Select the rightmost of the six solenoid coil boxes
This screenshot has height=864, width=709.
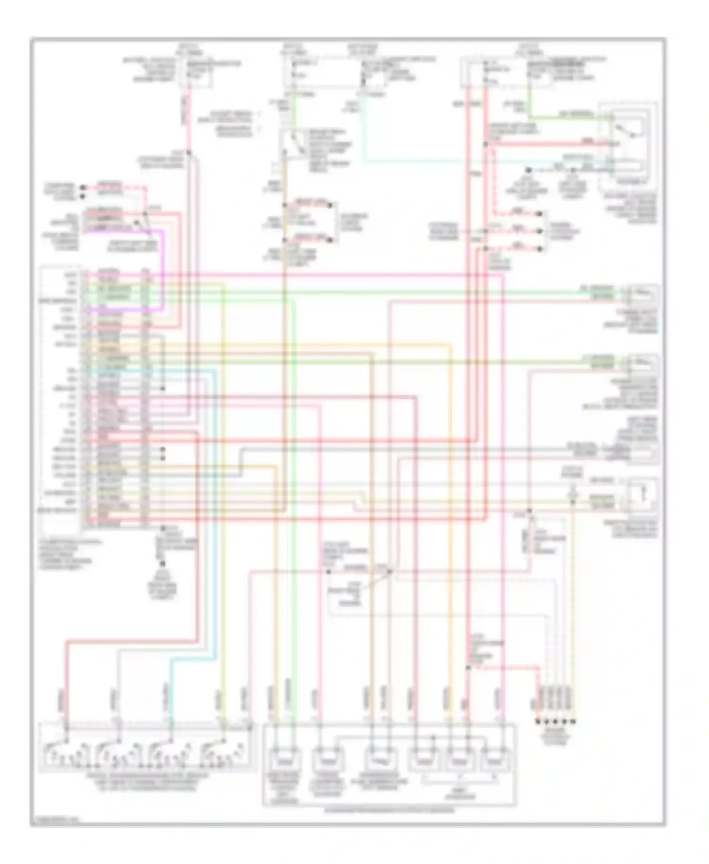494,760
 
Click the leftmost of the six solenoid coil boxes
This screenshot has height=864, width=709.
284,760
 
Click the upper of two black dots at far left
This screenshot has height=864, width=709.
83,187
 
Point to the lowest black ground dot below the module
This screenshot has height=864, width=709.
162,563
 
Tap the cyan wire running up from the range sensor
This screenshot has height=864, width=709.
215,520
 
